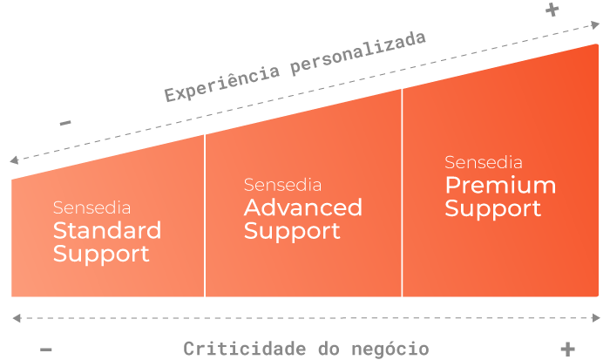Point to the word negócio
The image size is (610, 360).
[x=388, y=349]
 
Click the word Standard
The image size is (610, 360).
[x=107, y=230]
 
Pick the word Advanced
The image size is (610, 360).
[x=302, y=207]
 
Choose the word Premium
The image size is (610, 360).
[x=500, y=185]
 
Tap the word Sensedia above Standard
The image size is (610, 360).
[x=91, y=208]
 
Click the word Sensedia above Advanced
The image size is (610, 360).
[x=282, y=185]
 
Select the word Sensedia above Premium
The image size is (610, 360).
[x=484, y=162]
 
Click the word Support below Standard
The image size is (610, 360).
[x=101, y=255]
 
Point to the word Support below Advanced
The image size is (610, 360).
[x=292, y=232]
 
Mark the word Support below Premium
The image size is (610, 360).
[x=493, y=209]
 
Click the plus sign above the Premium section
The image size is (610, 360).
[x=552, y=10]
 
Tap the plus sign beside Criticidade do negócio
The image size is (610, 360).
[x=567, y=348]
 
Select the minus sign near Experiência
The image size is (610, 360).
[x=65, y=123]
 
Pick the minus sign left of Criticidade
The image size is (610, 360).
[x=47, y=350]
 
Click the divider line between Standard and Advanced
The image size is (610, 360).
[x=205, y=218]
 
